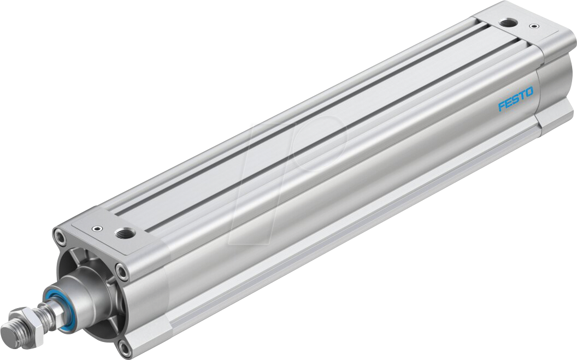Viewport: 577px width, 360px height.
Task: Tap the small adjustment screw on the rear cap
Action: coord(533,26)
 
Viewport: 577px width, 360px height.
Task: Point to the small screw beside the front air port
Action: coord(97,229)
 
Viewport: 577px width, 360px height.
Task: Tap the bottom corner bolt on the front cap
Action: coord(126,346)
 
